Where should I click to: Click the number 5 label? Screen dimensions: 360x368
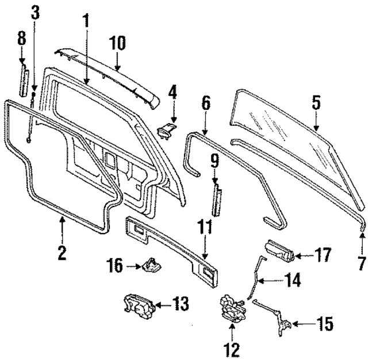316,103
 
